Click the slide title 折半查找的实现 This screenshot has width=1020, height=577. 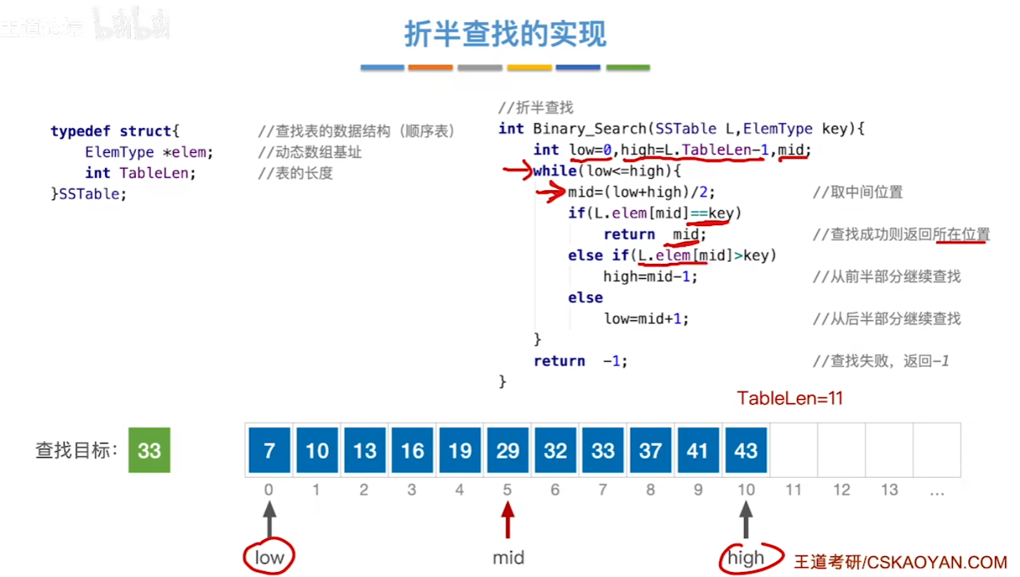[505, 34]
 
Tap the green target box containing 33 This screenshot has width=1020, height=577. [149, 450]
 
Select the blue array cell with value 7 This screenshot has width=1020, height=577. [269, 450]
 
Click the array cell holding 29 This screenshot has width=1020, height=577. [507, 450]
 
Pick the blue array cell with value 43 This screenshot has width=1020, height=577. [745, 450]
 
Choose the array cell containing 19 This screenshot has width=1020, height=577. [459, 450]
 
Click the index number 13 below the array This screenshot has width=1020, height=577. [889, 490]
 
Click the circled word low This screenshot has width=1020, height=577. [269, 558]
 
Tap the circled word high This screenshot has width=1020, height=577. [745, 558]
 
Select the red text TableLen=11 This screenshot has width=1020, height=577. [790, 398]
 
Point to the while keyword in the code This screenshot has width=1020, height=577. [554, 171]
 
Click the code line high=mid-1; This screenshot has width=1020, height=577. [650, 277]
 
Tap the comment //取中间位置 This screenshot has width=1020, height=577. [857, 192]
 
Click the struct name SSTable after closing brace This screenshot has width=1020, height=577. [92, 194]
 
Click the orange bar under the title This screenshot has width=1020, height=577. [431, 67]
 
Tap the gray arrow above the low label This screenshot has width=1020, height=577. [269, 519]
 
